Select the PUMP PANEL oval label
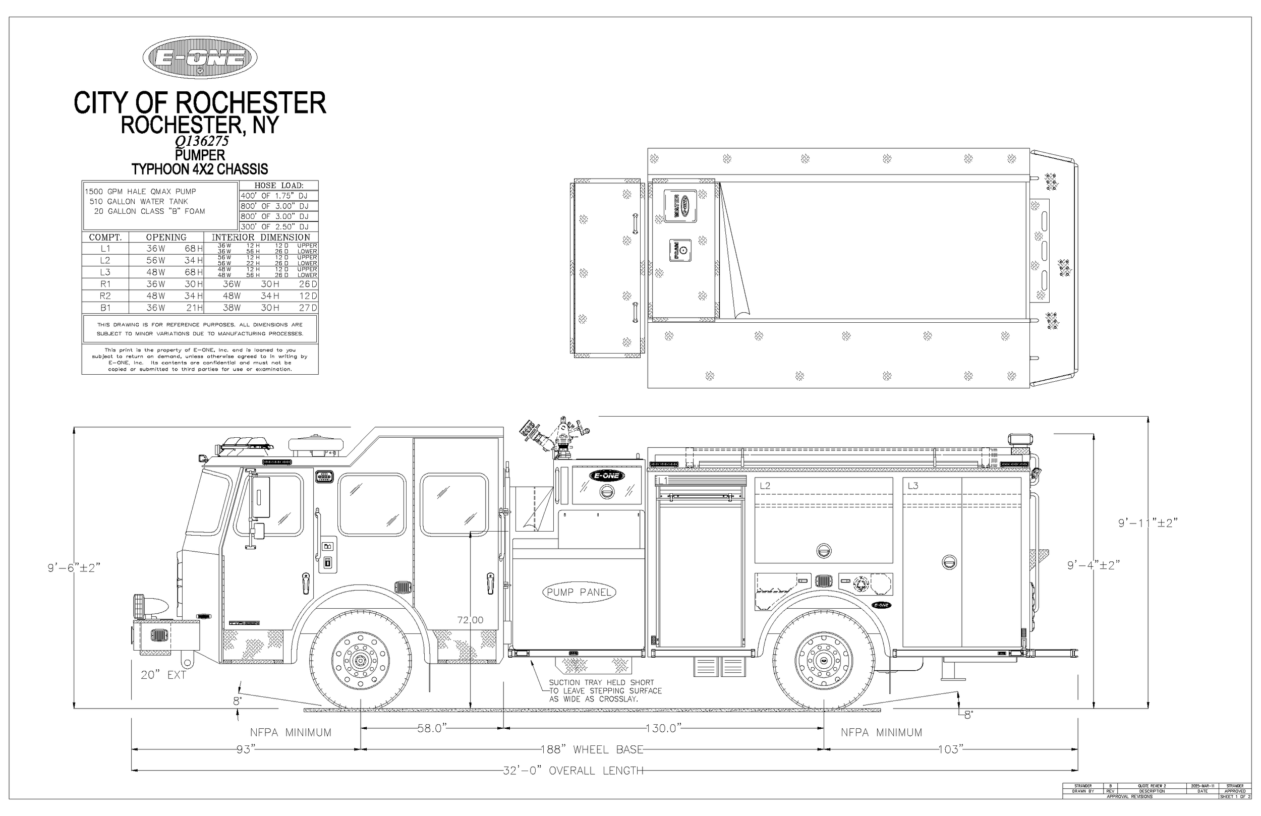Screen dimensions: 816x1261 pyautogui.click(x=579, y=592)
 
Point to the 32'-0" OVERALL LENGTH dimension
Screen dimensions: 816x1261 pyautogui.click(x=573, y=771)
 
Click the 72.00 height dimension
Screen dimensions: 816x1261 pyautogui.click(x=470, y=620)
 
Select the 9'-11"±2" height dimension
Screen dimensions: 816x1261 pyautogui.click(x=1148, y=523)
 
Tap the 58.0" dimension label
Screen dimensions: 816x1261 pyautogui.click(x=432, y=728)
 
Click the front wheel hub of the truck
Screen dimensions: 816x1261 pyautogui.click(x=361, y=660)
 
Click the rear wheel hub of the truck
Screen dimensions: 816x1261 pyautogui.click(x=823, y=660)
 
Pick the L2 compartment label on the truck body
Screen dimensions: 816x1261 pyautogui.click(x=765, y=485)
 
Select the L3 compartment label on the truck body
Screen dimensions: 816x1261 pyautogui.click(x=912, y=485)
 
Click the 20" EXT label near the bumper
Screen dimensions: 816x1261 pyautogui.click(x=163, y=675)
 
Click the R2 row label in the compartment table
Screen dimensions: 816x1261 pyautogui.click(x=105, y=296)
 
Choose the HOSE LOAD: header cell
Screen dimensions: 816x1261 pyautogui.click(x=279, y=186)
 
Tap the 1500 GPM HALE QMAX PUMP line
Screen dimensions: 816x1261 pyautogui.click(x=140, y=191)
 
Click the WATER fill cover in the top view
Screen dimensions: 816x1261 pyautogui.click(x=680, y=205)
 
